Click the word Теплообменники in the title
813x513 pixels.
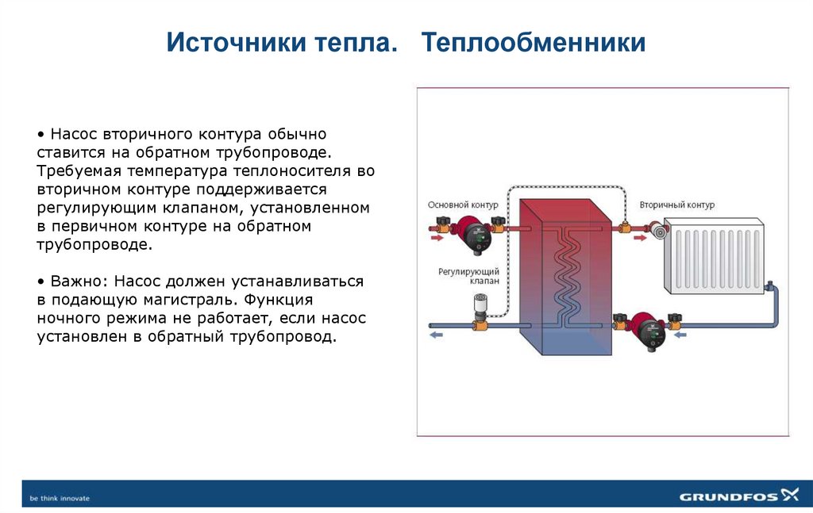pyautogui.click(x=533, y=43)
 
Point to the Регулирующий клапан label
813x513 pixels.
pyautogui.click(x=468, y=276)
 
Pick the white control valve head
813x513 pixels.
pyautogui.click(x=480, y=304)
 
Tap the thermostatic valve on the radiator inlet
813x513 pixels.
pyautogui.click(x=658, y=232)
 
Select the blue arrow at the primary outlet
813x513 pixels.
pyautogui.click(x=436, y=335)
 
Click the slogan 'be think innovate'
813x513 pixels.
pyautogui.click(x=60, y=498)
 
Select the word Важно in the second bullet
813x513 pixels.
pyautogui.click(x=79, y=282)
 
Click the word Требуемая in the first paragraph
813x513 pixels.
pyautogui.click(x=72, y=171)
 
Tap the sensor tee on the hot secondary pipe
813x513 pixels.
pyautogui.click(x=625, y=227)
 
